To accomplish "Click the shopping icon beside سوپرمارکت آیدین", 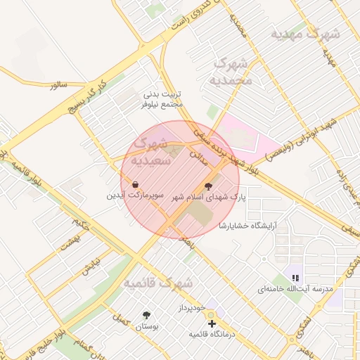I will [x=134, y=185].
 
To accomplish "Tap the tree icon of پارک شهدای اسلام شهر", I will [x=208, y=187].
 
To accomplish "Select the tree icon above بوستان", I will [x=146, y=315].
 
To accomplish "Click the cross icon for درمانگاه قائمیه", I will [x=212, y=323].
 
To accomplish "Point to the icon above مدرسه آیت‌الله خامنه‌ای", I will [x=295, y=278].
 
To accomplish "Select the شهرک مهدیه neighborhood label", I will [x=306, y=34].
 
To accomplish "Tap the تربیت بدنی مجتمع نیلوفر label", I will [x=163, y=99].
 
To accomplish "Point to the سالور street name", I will [x=58, y=84].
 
